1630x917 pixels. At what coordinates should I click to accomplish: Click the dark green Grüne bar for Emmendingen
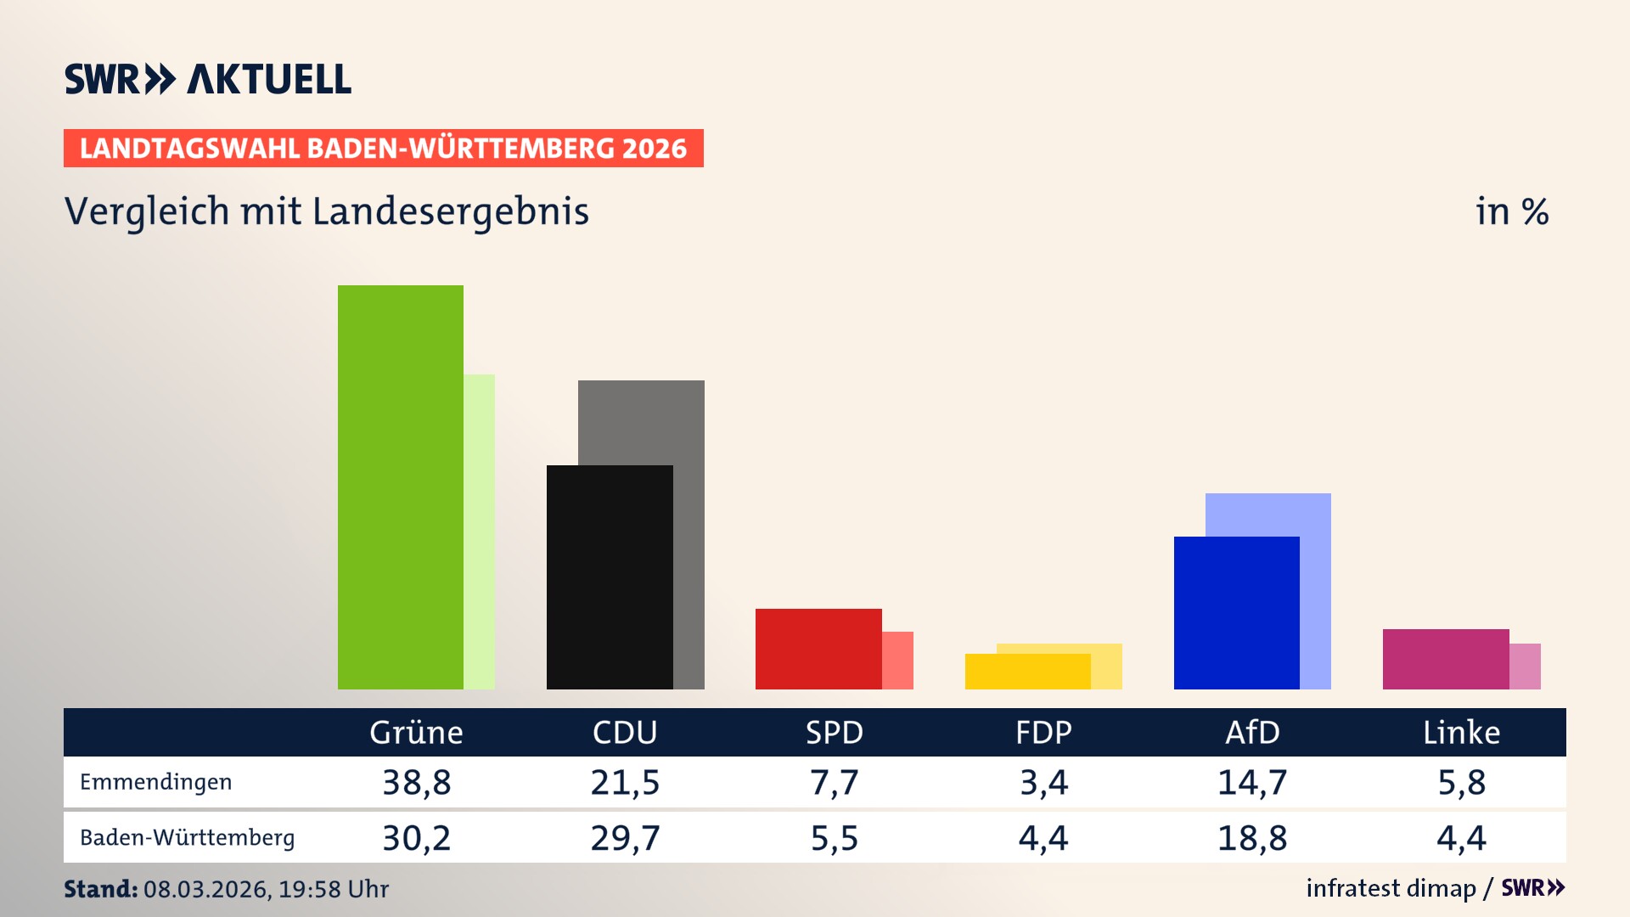point(401,487)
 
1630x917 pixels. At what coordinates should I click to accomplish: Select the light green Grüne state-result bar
point(480,532)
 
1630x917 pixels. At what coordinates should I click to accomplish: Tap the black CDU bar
point(610,577)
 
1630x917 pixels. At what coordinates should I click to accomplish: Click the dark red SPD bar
point(818,649)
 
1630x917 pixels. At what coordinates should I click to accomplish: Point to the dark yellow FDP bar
point(1027,672)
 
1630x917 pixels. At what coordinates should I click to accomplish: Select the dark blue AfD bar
point(1236,613)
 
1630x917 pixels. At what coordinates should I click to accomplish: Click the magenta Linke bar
point(1446,659)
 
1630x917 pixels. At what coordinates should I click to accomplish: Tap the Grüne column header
point(416,733)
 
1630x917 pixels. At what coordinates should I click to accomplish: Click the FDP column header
point(1043,733)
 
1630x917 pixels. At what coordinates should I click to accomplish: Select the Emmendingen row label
point(155,782)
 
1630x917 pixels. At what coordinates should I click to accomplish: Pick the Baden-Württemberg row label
point(187,838)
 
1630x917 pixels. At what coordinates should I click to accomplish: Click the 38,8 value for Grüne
point(416,782)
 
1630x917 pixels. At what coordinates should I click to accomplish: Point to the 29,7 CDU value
point(625,838)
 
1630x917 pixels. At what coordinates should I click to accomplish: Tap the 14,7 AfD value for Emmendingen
point(1252,782)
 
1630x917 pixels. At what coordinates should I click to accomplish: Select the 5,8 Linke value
point(1461,782)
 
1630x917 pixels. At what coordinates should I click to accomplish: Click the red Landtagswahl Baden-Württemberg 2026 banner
point(383,149)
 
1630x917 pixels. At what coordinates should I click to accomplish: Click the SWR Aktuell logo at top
point(208,79)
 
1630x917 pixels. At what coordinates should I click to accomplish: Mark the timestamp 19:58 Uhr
point(333,889)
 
